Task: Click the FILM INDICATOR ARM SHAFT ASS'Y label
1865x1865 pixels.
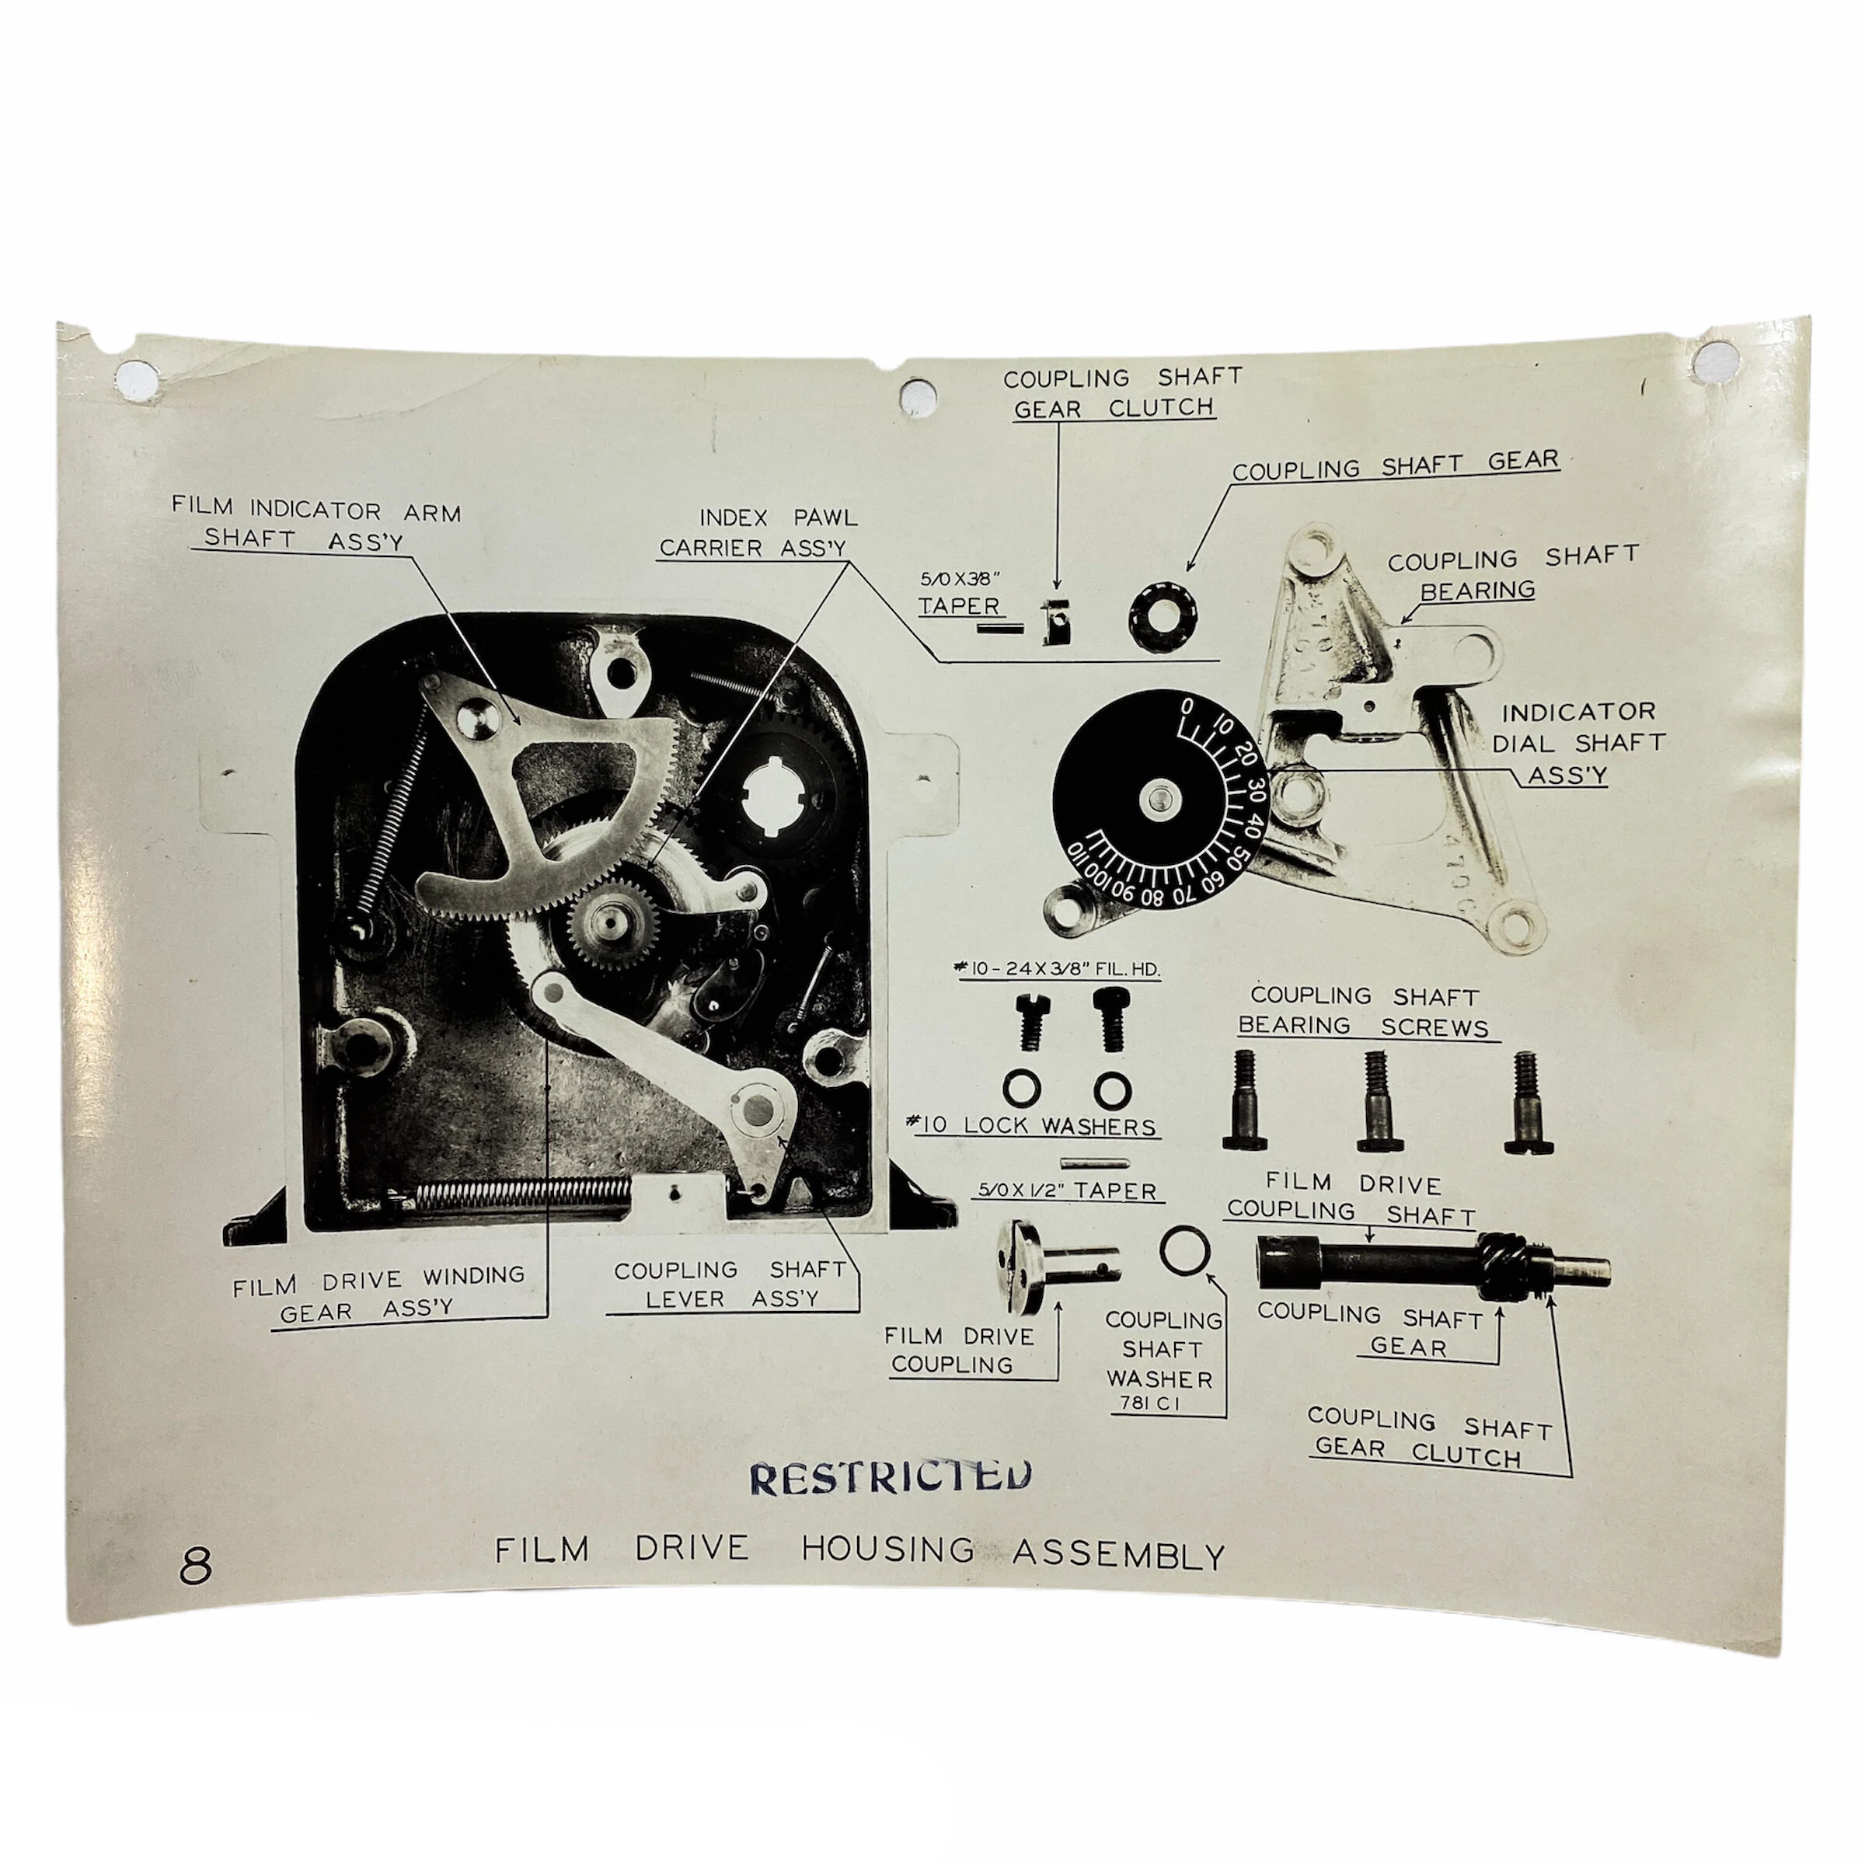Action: click(316, 525)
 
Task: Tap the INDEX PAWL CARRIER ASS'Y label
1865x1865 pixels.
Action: click(758, 533)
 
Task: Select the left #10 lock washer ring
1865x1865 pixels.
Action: click(1021, 1088)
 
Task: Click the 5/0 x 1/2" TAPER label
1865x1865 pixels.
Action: click(1067, 1191)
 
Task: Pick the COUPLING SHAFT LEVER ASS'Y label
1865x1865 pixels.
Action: click(730, 1284)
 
